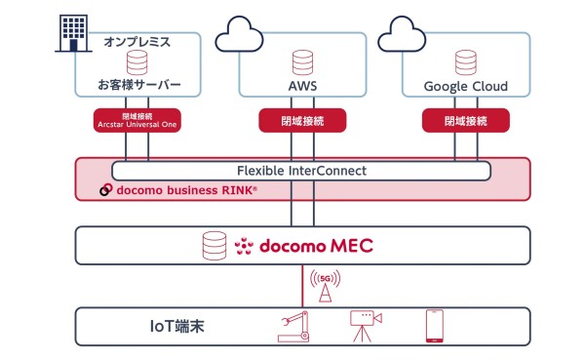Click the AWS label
[301, 87]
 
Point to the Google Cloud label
[465, 87]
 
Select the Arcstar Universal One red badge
[136, 120]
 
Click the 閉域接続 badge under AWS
[301, 120]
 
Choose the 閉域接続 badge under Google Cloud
[465, 120]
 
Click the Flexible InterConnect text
[301, 171]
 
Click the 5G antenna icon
[325, 288]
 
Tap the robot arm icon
[293, 327]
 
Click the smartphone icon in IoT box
[434, 327]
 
